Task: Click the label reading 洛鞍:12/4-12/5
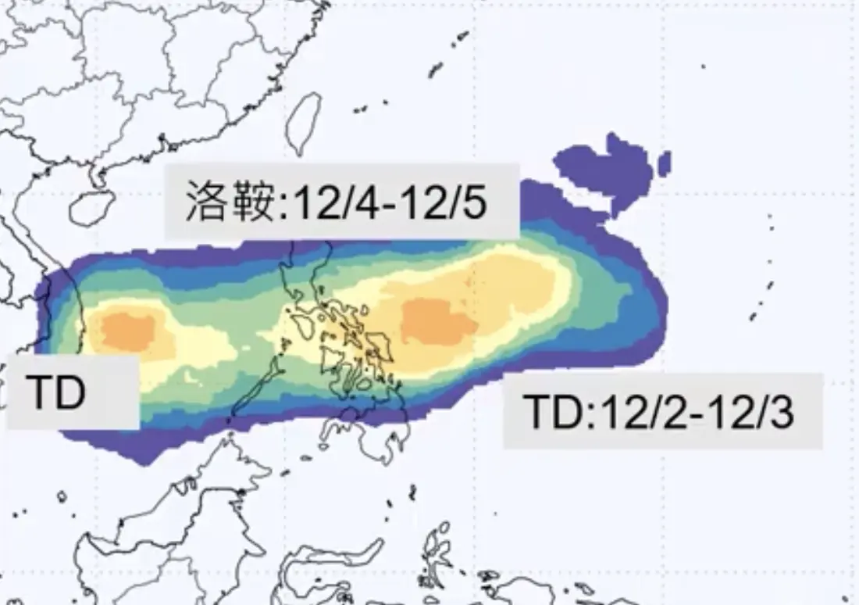(341, 201)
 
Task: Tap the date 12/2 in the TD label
(627, 411)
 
